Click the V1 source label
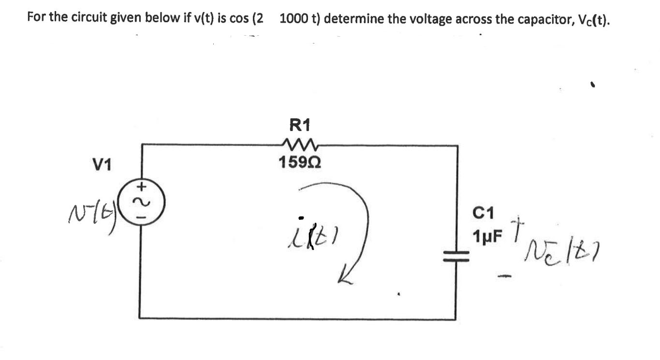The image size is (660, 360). coord(102,166)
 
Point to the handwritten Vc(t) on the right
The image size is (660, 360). coord(554,250)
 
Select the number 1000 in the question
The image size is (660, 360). coord(293,19)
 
